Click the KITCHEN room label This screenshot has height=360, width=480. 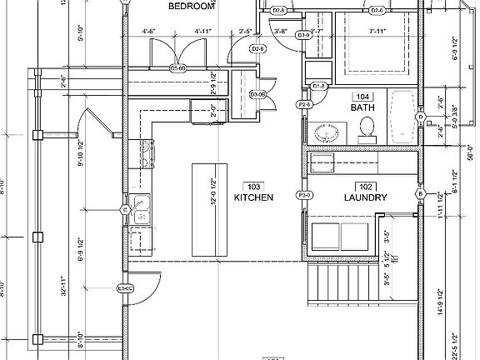[x=253, y=197]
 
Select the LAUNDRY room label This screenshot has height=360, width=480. [x=365, y=197]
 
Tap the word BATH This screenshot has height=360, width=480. [x=362, y=107]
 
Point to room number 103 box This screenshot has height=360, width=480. [x=254, y=185]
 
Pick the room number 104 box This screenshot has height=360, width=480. [x=362, y=96]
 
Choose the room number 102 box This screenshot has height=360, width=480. [x=365, y=186]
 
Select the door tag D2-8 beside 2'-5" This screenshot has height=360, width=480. [x=257, y=49]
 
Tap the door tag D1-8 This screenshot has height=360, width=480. [x=317, y=87]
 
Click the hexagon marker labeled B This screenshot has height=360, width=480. [x=421, y=194]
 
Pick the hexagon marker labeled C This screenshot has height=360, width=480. [x=125, y=209]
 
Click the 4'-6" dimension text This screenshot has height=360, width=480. [x=150, y=32]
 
